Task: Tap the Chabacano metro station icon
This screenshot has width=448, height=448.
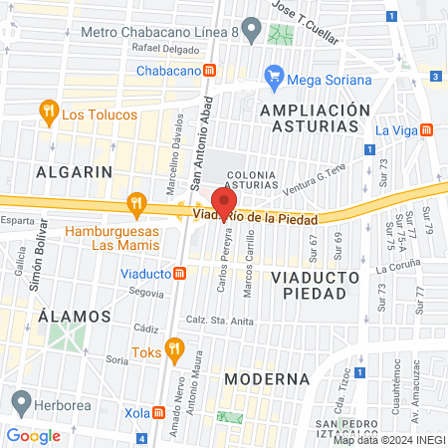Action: click(209, 70)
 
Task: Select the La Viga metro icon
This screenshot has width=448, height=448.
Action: click(426, 129)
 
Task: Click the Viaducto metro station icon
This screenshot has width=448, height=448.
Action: click(179, 273)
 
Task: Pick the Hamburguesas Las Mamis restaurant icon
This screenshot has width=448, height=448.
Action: click(136, 205)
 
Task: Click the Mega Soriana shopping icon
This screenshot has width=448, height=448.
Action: click(272, 74)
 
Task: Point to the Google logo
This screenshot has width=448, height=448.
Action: click(33, 435)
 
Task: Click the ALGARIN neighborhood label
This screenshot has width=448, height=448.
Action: click(73, 171)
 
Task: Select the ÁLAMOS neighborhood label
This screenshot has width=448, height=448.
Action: click(73, 316)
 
